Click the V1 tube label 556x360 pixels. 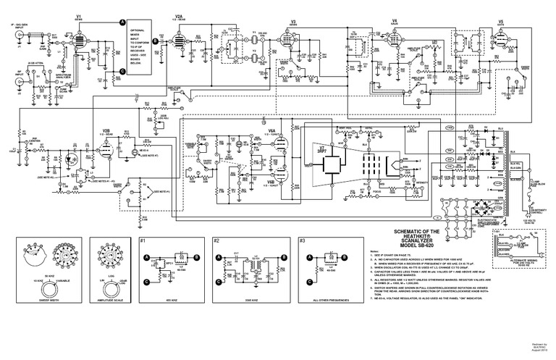point(78,14)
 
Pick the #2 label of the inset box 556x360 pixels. point(216,239)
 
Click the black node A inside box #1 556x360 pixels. point(147,257)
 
